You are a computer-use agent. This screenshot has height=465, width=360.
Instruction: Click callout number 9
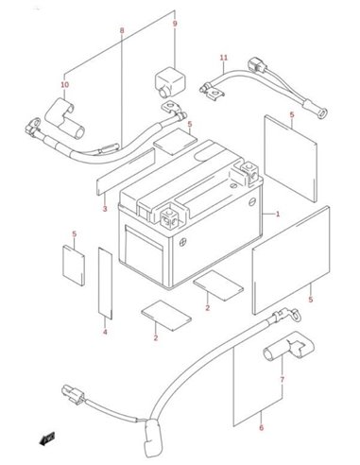pos(175,24)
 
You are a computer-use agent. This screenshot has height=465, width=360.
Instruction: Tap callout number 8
pos(122,30)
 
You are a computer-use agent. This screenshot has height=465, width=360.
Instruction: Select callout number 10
pos(65,84)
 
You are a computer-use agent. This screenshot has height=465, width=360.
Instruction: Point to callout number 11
pos(224,58)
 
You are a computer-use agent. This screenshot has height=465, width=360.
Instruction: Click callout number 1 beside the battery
pos(278,215)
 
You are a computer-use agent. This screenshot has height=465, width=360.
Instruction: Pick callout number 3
pos(105,209)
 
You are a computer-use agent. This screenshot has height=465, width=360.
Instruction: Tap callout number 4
pos(105,332)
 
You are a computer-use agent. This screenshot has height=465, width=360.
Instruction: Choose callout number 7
pos(282,380)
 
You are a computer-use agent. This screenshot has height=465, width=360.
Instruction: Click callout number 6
pos(261,428)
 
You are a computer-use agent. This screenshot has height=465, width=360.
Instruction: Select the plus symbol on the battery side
pos(183,243)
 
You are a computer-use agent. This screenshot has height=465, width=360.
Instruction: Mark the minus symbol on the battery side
pos(252,201)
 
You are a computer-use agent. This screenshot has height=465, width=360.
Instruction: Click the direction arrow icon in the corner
pos(47,439)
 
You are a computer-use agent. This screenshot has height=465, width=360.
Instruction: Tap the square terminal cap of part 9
pos(169,81)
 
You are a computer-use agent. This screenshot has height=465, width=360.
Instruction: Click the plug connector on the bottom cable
pos(74,395)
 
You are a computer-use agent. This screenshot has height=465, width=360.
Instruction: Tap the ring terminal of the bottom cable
pos(295,314)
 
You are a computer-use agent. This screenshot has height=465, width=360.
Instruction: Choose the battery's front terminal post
pos(169,218)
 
